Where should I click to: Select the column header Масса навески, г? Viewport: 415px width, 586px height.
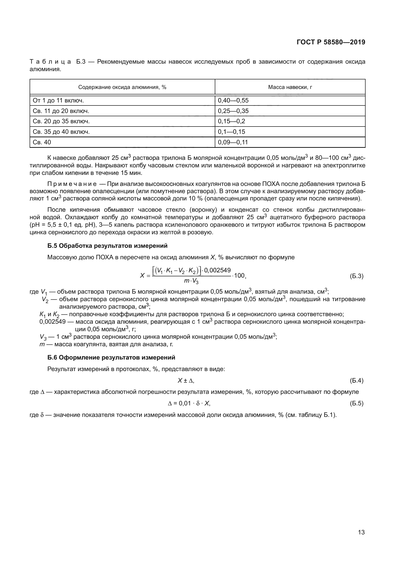(x=290, y=87)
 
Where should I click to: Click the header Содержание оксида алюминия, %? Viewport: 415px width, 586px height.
(x=122, y=87)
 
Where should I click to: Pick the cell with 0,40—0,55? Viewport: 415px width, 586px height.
(x=233, y=100)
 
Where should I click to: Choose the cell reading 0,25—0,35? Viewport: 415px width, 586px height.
(x=233, y=111)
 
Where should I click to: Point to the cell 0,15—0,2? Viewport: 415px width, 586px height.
(x=231, y=121)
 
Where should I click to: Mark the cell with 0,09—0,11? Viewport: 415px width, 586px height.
(x=233, y=142)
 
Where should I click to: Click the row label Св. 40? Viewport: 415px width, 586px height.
(x=42, y=142)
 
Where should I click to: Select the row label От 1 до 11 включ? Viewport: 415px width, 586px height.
(x=58, y=100)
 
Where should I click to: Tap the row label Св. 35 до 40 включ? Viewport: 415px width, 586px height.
(x=61, y=132)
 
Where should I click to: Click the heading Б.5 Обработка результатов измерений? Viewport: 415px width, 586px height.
(x=107, y=246)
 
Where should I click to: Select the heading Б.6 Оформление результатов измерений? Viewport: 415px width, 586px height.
(x=111, y=358)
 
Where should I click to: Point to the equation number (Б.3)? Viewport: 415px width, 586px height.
(x=356, y=276)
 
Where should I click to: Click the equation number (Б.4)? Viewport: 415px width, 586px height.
(x=356, y=381)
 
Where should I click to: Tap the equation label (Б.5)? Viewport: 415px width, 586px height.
(x=356, y=403)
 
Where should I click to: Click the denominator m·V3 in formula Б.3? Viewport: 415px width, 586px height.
(x=191, y=281)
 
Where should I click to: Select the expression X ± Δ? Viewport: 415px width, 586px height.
(x=186, y=381)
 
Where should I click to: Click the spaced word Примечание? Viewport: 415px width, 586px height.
(x=72, y=184)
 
